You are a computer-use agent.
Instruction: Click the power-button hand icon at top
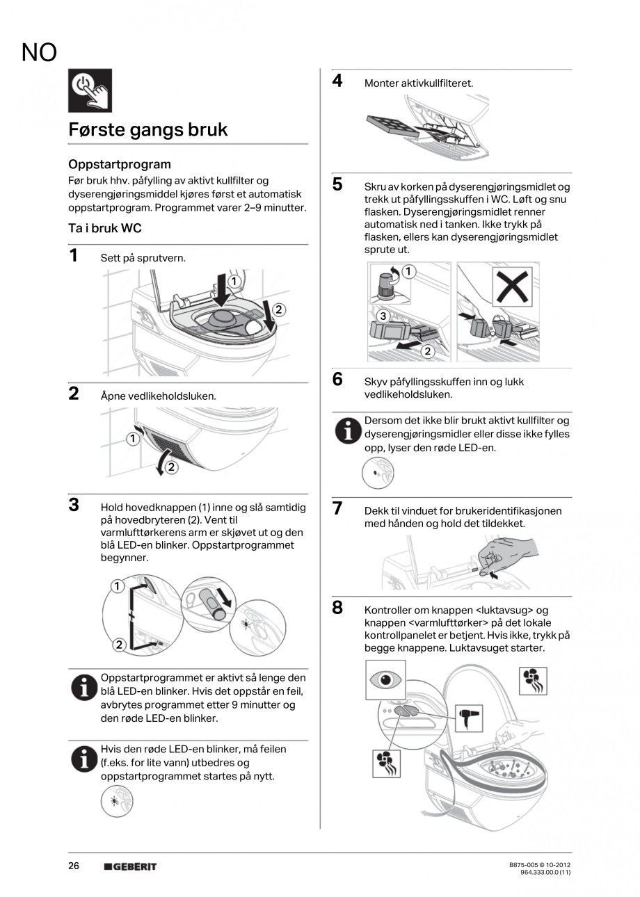90,90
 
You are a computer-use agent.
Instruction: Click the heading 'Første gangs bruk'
147,130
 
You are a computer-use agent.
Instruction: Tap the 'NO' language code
39,52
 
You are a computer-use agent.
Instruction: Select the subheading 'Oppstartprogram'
120,164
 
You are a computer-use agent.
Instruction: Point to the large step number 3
74,505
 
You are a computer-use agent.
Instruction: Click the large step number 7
337,508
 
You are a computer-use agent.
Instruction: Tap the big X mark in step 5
512,286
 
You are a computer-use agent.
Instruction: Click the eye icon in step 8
385,679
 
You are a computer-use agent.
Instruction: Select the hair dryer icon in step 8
469,718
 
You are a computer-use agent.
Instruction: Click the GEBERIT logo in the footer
130,866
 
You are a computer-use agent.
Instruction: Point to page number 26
74,866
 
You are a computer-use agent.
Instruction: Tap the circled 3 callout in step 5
383,316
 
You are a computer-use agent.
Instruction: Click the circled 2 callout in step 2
171,467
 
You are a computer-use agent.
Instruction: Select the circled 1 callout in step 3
117,587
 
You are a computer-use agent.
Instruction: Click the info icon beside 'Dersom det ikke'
348,430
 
